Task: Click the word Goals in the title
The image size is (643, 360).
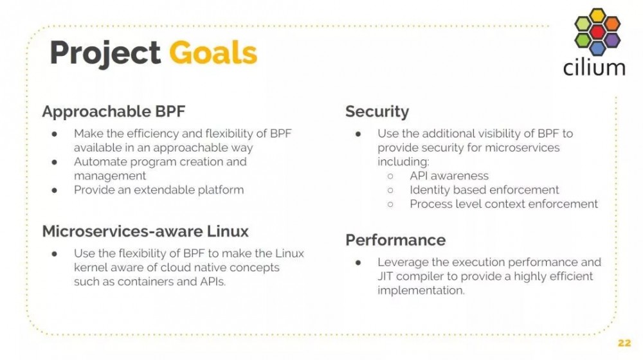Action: click(x=213, y=53)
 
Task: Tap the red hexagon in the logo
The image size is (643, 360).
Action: click(x=597, y=32)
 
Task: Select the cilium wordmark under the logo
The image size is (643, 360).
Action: click(x=594, y=67)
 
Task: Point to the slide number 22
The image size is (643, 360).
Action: click(x=624, y=343)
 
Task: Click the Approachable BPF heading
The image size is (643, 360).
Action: click(x=114, y=111)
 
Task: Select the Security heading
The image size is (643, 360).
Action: click(x=377, y=111)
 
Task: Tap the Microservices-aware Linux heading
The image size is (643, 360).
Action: click(x=145, y=231)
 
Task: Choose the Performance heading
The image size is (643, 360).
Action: click(x=395, y=240)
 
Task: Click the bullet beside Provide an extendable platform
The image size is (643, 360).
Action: click(x=54, y=190)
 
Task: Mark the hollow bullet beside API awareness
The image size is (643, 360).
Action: click(x=390, y=176)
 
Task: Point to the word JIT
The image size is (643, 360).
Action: click(x=385, y=276)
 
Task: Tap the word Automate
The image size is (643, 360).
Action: click(x=100, y=161)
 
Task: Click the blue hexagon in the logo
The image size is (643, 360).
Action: click(x=597, y=48)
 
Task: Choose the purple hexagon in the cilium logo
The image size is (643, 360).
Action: click(x=612, y=40)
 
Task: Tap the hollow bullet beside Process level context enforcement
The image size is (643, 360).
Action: click(x=390, y=204)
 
